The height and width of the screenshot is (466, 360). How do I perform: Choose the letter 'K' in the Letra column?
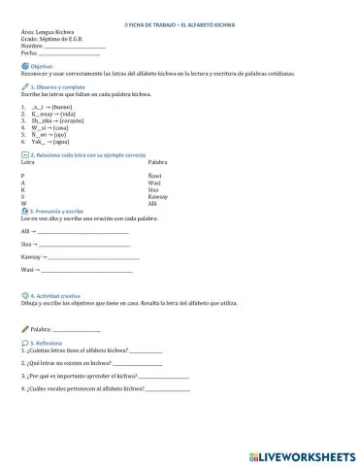(x=22, y=188)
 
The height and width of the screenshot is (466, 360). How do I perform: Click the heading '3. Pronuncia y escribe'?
(x=58, y=210)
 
